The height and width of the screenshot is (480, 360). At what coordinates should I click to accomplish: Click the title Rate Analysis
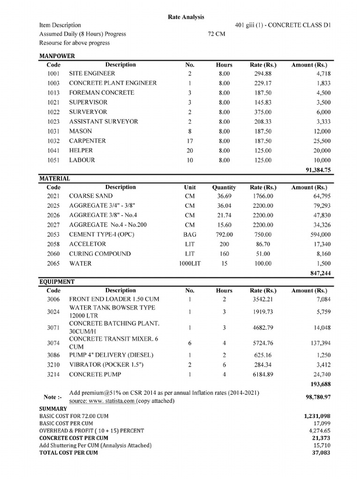click(x=186, y=17)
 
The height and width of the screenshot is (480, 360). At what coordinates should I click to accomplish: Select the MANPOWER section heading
click(x=57, y=56)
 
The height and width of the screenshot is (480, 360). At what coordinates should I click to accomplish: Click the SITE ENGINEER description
click(x=92, y=74)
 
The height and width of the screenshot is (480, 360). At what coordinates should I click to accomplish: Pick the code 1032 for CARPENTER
click(x=53, y=141)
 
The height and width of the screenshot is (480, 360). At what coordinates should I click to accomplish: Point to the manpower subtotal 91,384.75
click(x=318, y=170)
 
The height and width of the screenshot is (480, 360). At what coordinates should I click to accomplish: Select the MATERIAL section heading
click(x=54, y=179)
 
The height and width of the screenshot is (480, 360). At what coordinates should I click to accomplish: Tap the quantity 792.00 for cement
click(x=224, y=234)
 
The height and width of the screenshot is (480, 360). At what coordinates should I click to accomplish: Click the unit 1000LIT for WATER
click(x=189, y=263)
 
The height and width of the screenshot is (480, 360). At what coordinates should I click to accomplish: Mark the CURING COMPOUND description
click(x=100, y=254)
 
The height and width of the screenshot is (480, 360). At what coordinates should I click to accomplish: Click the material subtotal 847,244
click(x=320, y=273)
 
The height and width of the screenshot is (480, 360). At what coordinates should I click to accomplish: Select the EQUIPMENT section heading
click(x=57, y=282)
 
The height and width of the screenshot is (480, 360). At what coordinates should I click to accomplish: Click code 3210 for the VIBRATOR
click(x=53, y=364)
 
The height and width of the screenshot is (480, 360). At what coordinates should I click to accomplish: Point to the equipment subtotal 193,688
click(x=320, y=384)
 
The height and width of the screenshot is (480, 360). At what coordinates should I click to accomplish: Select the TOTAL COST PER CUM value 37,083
click(x=322, y=453)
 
